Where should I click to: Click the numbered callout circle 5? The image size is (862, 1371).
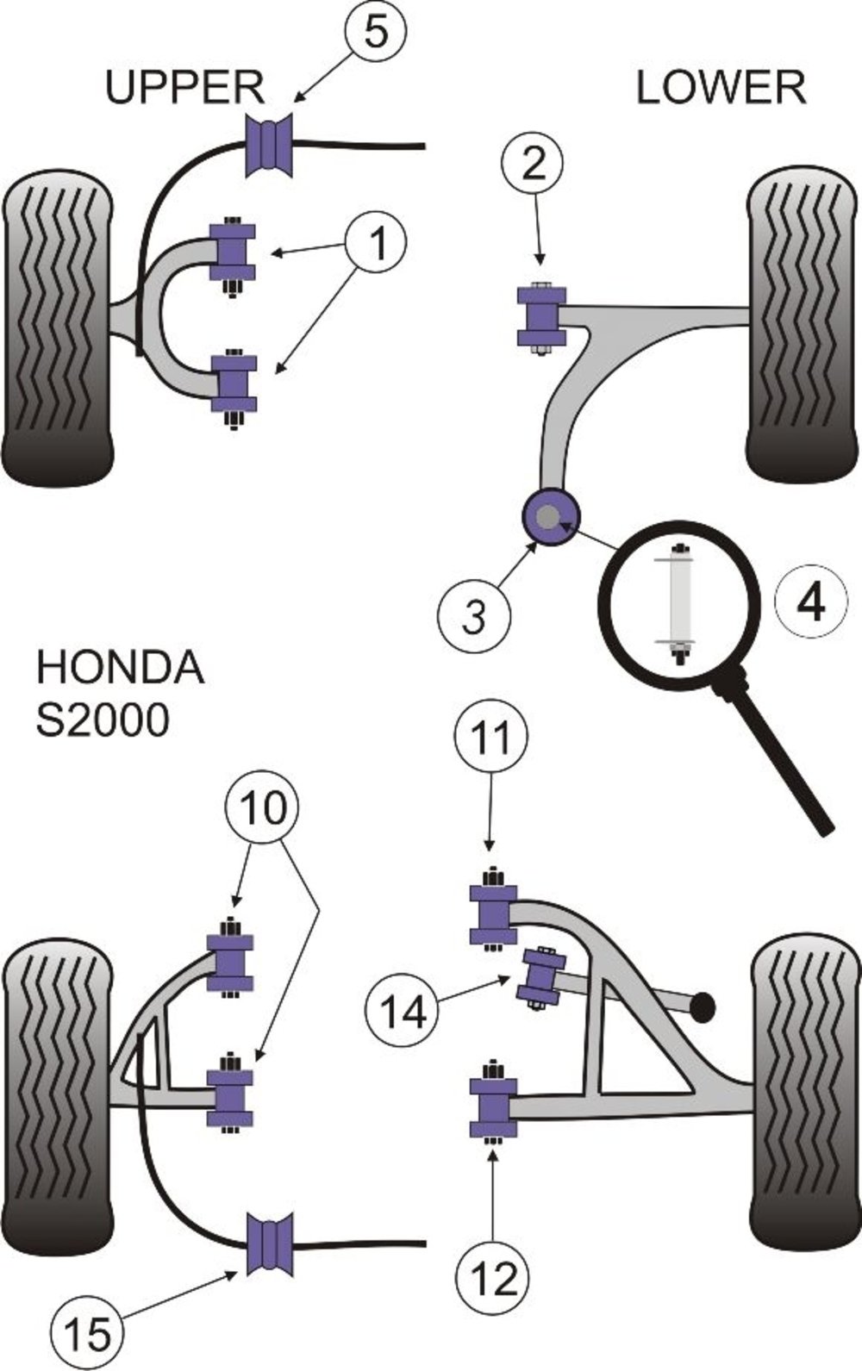tap(376, 31)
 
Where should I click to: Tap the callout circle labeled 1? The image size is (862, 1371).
tap(376, 243)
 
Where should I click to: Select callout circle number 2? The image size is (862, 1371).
tap(533, 163)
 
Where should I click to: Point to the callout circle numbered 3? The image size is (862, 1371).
tap(474, 616)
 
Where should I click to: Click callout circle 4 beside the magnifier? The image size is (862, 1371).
tap(811, 603)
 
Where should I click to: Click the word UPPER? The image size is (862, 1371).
tap(184, 87)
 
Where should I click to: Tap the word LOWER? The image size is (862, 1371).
tap(721, 87)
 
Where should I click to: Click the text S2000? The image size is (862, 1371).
tap(103, 720)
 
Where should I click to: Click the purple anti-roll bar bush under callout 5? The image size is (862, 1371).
tap(269, 146)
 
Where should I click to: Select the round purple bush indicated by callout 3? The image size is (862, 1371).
tap(550, 516)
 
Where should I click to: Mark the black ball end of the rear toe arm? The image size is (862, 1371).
tap(703, 1191)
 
